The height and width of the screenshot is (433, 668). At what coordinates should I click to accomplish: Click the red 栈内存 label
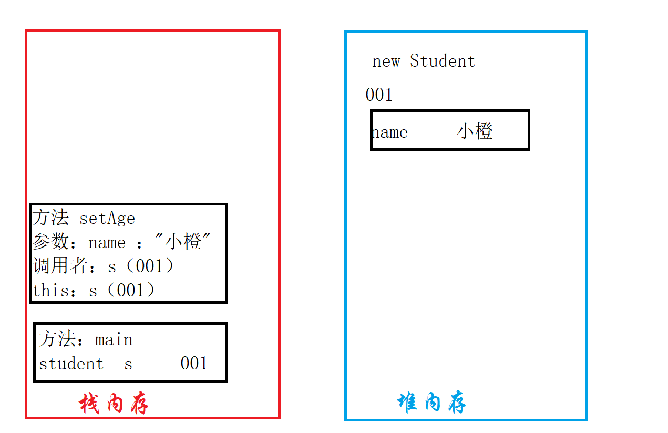tap(114, 404)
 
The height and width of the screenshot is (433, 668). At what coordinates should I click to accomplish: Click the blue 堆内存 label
tap(431, 403)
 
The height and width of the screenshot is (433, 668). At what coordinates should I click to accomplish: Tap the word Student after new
tap(443, 61)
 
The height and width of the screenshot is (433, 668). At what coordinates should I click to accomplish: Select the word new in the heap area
tap(386, 61)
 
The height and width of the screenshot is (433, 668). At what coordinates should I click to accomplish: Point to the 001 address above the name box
tap(379, 95)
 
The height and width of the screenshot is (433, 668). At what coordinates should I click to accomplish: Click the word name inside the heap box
tap(390, 132)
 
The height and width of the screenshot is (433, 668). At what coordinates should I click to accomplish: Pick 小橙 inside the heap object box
tap(475, 131)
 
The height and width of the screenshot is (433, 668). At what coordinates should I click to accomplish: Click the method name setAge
tap(107, 218)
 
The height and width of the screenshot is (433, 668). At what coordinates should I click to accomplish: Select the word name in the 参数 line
tap(107, 243)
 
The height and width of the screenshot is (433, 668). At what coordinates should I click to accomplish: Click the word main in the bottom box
tap(114, 340)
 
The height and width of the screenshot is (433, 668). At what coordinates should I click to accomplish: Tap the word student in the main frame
tap(71, 364)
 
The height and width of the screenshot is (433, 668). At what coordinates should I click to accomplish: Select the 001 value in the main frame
tap(193, 364)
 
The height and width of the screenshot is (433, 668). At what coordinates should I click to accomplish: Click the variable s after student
tap(128, 364)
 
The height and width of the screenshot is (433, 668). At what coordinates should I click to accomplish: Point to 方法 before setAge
tap(50, 218)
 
